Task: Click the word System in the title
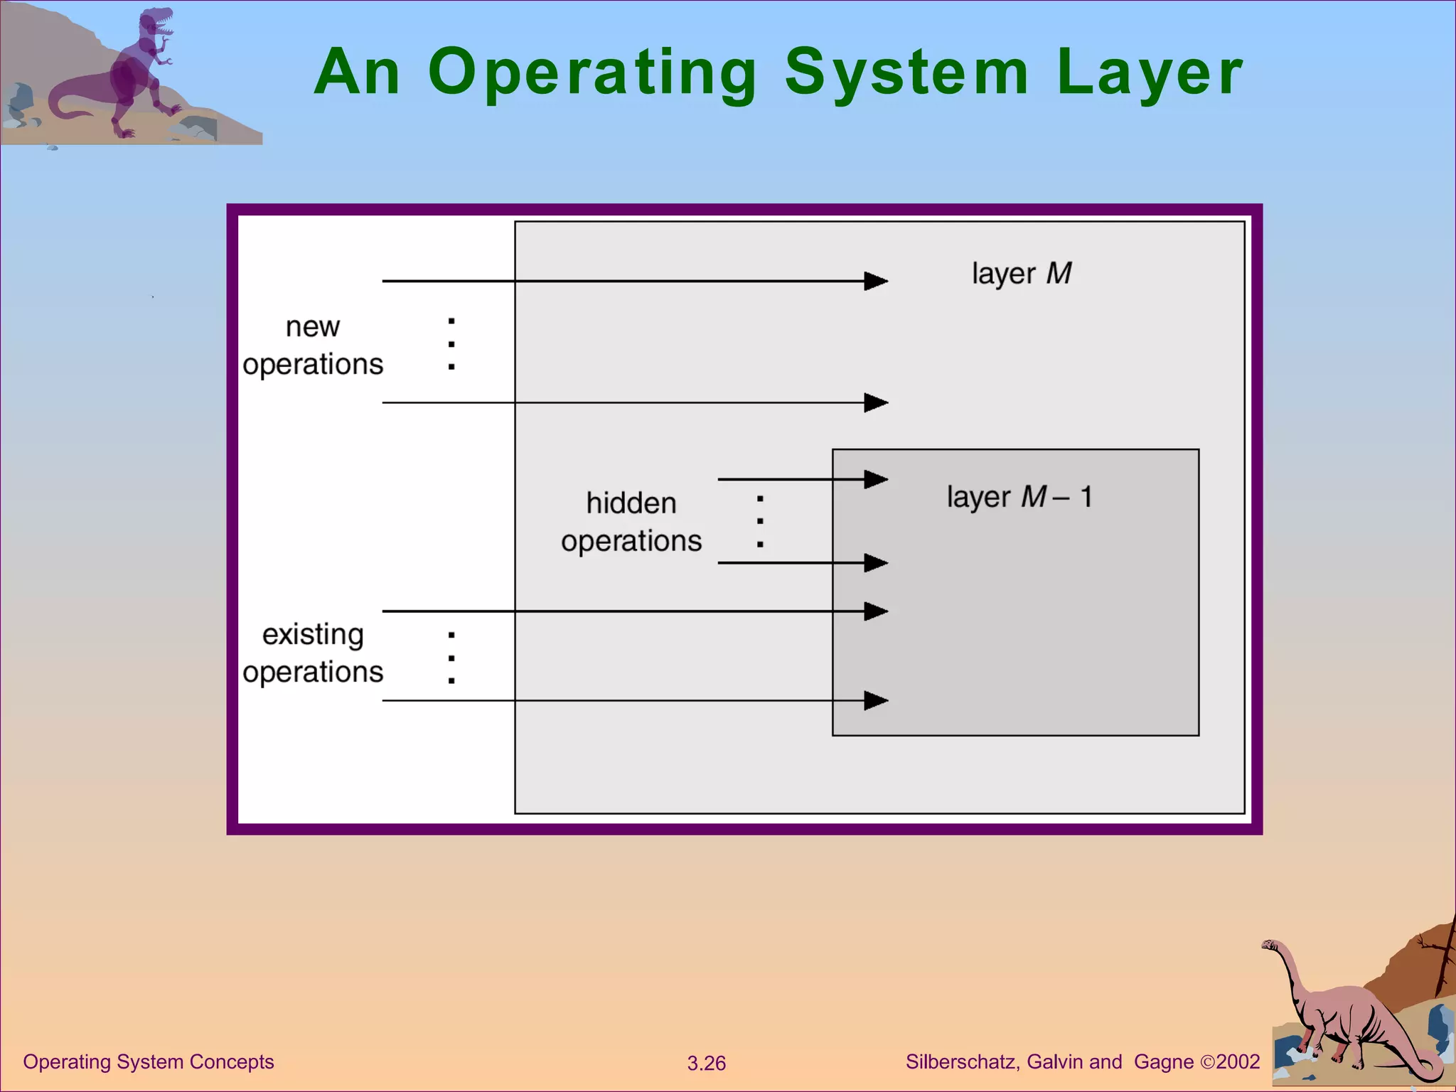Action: (906, 73)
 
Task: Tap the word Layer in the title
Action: (1150, 73)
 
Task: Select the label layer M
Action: (1022, 274)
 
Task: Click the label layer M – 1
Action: (1019, 497)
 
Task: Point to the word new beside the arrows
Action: (313, 327)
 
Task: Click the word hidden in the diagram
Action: (631, 503)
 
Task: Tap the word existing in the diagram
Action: (313, 634)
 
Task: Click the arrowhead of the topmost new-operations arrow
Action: (876, 282)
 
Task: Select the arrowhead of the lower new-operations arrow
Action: (876, 403)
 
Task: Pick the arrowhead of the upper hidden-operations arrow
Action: (876, 479)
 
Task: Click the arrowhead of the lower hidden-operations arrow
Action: (876, 563)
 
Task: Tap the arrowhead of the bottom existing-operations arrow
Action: (876, 701)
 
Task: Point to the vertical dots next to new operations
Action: (451, 344)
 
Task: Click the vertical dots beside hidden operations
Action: (760, 521)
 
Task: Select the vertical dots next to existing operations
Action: (451, 658)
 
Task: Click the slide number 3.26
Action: (706, 1064)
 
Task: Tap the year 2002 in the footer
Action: (1238, 1062)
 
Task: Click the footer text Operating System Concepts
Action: (149, 1062)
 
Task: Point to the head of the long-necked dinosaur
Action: (1270, 945)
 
